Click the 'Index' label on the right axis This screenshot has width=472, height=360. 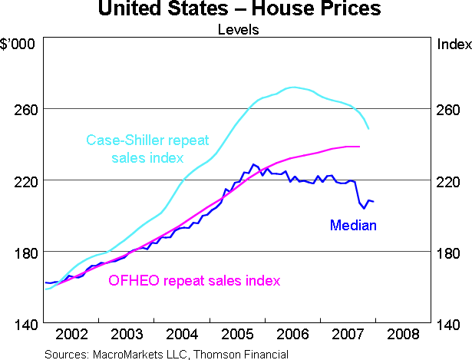453,44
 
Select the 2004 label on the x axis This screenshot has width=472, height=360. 182,335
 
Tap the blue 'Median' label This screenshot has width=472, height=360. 353,225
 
